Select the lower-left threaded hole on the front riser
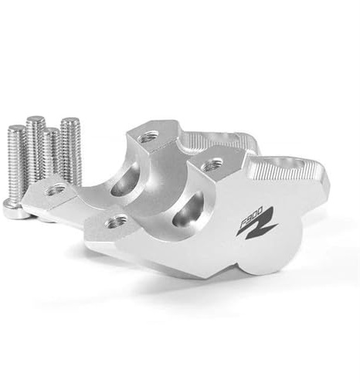pyautogui.click(x=117, y=221)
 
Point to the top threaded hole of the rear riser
pyautogui.click(x=146, y=139)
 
